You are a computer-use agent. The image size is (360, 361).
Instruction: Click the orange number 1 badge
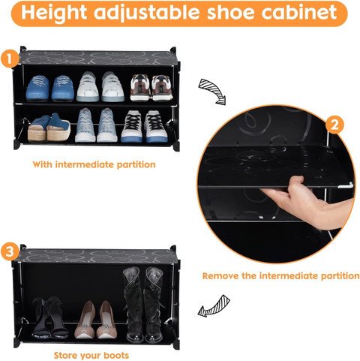9,59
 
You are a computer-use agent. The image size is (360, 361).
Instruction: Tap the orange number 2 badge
334,125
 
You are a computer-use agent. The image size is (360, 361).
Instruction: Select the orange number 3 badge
9,251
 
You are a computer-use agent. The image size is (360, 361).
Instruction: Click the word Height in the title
54,13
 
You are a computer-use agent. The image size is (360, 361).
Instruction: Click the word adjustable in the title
146,14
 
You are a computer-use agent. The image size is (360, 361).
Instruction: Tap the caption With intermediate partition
94,164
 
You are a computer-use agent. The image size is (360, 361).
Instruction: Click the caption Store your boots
91,355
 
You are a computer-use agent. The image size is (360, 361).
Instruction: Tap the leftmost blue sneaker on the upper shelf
37,89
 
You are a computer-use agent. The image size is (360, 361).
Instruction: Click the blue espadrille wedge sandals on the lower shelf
49,128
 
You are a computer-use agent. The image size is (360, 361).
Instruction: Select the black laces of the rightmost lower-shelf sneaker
156,122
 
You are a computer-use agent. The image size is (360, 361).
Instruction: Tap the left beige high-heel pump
85,320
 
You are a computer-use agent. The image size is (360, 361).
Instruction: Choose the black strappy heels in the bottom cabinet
50,317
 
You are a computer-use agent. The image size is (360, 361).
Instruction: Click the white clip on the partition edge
346,185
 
